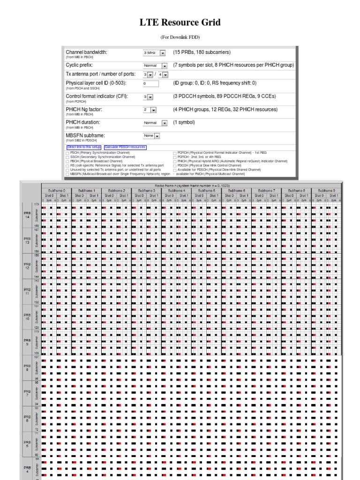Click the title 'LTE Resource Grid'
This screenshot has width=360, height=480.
[180, 22]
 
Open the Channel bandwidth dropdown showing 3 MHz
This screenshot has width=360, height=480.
[155, 53]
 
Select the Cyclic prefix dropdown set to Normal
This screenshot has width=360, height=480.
[155, 66]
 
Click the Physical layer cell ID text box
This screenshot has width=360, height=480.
[151, 83]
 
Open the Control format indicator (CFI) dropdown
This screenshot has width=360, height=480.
[149, 97]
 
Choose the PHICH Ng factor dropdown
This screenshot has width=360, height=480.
[150, 110]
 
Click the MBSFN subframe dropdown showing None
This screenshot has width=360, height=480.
[151, 136]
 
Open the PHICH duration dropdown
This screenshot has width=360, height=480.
[155, 123]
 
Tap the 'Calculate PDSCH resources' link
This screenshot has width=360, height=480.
[125, 147]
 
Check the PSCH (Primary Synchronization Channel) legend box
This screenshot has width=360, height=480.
[67, 153]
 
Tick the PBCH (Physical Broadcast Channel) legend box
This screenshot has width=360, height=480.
[67, 161]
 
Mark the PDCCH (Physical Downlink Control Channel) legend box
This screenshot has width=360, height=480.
[175, 165]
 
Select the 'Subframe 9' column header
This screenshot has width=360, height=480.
[326, 191]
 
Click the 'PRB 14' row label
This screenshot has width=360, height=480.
[27, 216]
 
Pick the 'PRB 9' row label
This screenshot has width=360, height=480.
[27, 342]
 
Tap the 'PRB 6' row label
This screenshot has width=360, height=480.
[27, 418]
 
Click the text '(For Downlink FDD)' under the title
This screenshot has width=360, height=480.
[180, 37]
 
